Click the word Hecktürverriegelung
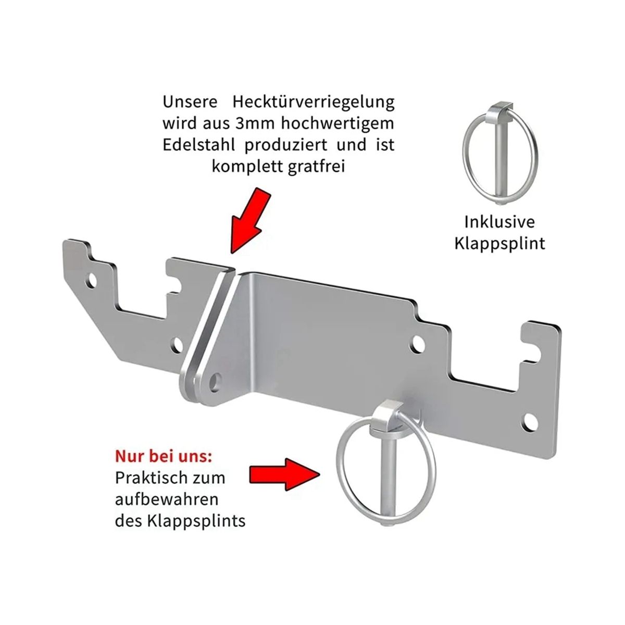(314, 102)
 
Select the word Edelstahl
(199, 145)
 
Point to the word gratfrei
(316, 167)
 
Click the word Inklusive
(499, 222)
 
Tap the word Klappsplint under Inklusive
(499, 244)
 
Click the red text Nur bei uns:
(164, 456)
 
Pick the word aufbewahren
(167, 499)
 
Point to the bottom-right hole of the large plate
(530, 423)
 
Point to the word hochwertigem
(337, 123)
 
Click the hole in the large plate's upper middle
(417, 344)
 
